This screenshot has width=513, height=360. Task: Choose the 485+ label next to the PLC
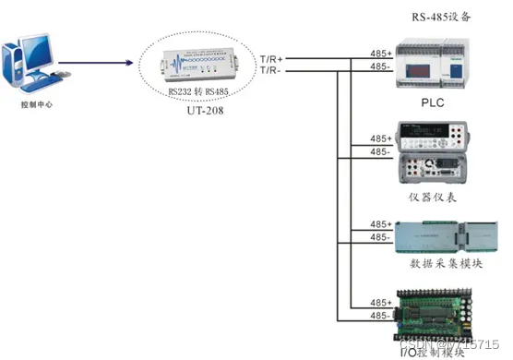point(379,54)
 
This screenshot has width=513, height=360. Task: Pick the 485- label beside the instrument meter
point(379,151)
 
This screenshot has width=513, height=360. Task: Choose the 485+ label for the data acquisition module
point(379,224)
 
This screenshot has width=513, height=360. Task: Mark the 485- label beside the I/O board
point(379,316)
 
